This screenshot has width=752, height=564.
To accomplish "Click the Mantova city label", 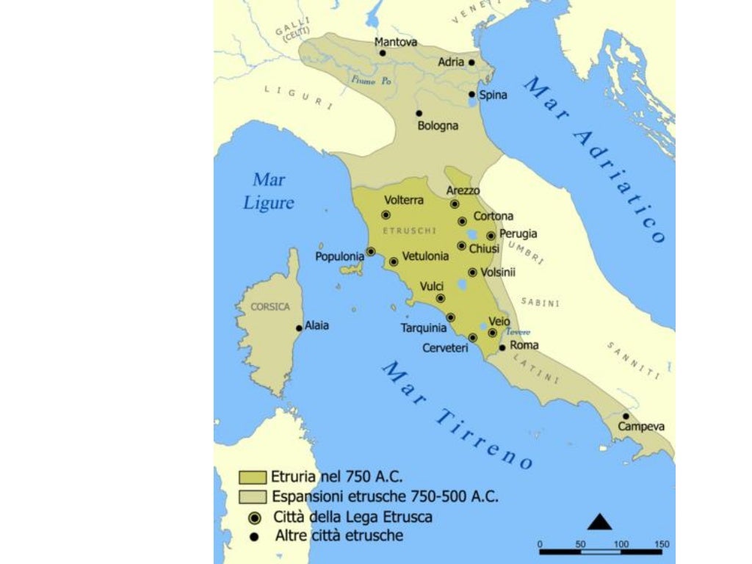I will (x=396, y=42).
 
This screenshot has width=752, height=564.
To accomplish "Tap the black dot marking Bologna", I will (x=419, y=113).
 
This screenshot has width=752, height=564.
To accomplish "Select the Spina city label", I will (x=493, y=95).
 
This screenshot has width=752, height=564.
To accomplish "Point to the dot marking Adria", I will (x=471, y=62).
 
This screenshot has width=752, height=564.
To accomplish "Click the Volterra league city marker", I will (x=386, y=215).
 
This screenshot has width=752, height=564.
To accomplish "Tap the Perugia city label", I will (x=518, y=234).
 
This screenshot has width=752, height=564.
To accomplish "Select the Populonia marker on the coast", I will (x=371, y=251).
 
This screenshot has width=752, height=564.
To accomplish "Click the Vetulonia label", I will (x=425, y=256).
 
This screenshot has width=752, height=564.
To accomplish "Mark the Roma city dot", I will (x=502, y=348).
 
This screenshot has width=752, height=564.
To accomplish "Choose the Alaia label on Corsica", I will (x=317, y=325).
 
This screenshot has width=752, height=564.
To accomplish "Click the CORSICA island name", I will (x=270, y=306).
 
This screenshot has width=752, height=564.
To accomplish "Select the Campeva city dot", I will (x=626, y=416).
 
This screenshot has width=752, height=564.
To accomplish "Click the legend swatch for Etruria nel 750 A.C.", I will (x=252, y=475).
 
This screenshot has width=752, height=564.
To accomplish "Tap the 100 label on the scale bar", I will (x=621, y=544).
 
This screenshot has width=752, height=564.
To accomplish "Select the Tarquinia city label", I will (x=424, y=328).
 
